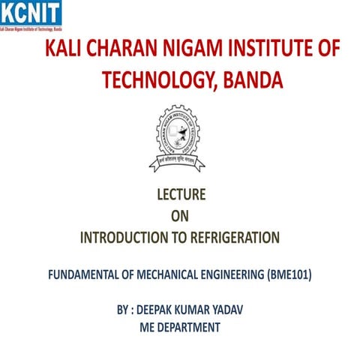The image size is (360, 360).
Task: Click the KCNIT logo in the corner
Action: tap(31, 13)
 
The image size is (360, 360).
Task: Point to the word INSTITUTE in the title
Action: tap(263, 50)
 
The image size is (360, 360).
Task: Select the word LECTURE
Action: tap(180, 196)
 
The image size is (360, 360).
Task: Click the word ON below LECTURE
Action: tap(180, 217)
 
